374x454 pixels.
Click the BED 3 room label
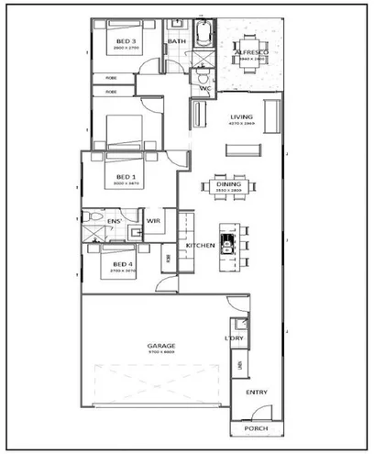126,42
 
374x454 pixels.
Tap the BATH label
176,41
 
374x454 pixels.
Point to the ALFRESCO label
249,54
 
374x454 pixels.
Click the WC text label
205,89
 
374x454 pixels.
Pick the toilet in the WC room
199,79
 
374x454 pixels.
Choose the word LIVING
242,117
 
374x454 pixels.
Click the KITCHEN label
200,246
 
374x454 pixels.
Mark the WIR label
154,220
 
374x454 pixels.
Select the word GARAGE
162,346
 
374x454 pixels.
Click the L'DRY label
233,339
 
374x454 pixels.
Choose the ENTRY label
257,393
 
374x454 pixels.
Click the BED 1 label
126,177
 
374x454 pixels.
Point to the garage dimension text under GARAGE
162,352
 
